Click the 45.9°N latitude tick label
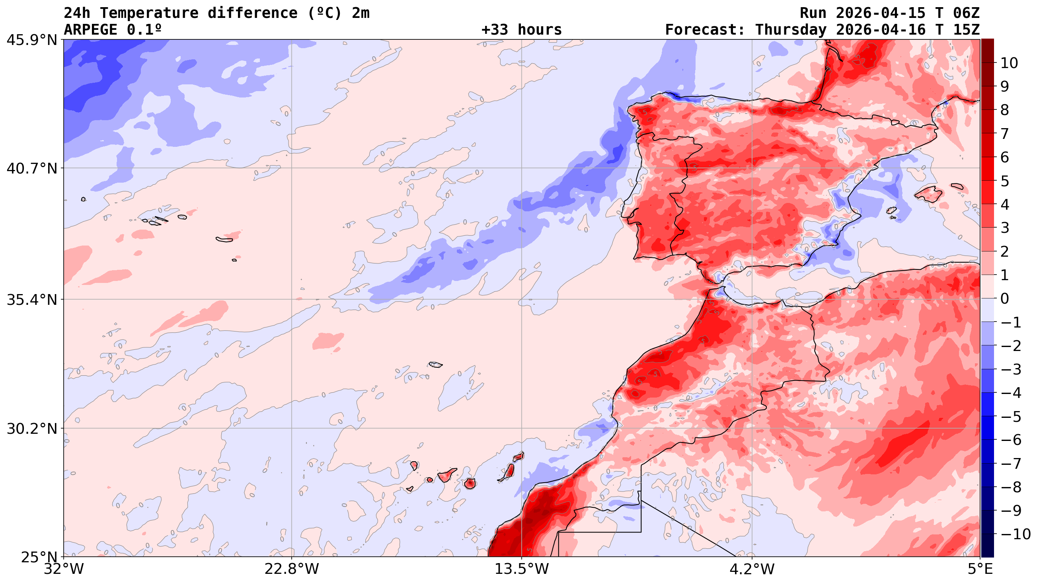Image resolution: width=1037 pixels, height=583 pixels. click(31, 40)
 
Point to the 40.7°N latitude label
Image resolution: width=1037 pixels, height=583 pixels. click(31, 168)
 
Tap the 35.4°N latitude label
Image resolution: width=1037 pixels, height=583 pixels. click(31, 300)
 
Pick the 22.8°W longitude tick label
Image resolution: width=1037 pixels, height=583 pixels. click(292, 569)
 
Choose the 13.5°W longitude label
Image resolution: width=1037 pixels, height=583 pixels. click(522, 569)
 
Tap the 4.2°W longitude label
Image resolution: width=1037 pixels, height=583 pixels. click(752, 569)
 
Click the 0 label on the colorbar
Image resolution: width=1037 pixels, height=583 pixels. click(1005, 299)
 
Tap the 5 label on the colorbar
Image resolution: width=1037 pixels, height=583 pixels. click(1005, 181)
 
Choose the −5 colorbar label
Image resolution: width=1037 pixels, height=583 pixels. click(1010, 417)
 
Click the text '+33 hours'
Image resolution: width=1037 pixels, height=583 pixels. click(521, 30)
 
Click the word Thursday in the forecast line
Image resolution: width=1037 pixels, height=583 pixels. click(791, 30)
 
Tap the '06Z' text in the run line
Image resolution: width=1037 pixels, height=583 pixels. click(966, 13)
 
